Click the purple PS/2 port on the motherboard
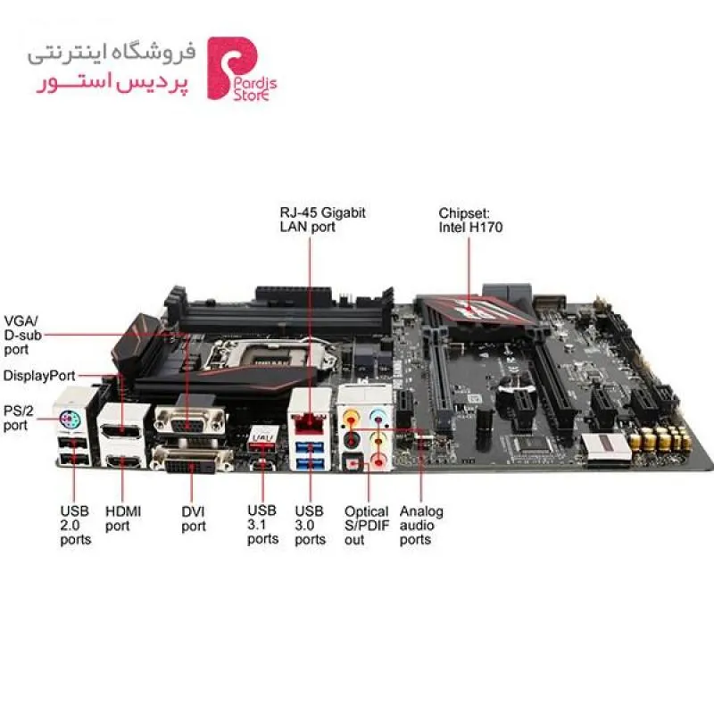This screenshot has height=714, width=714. (x=71, y=419)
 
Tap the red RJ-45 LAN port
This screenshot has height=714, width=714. (x=310, y=423)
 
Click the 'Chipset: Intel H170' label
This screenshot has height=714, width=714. (x=470, y=220)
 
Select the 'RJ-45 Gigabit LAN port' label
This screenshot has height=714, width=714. (x=322, y=220)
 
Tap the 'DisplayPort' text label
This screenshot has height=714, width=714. (x=39, y=376)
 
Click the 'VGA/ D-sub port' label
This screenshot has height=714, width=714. (x=23, y=336)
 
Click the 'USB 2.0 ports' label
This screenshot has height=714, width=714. (x=76, y=525)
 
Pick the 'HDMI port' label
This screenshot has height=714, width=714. (x=123, y=519)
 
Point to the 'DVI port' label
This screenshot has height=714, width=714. (x=194, y=519)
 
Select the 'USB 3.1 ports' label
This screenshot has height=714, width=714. (x=262, y=525)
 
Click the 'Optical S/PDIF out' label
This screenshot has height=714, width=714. (x=367, y=526)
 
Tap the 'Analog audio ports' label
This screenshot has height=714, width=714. (x=421, y=525)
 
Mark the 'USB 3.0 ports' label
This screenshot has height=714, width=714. (x=310, y=525)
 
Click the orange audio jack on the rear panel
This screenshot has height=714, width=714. (x=351, y=416)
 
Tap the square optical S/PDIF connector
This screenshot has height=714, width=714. (x=352, y=463)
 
